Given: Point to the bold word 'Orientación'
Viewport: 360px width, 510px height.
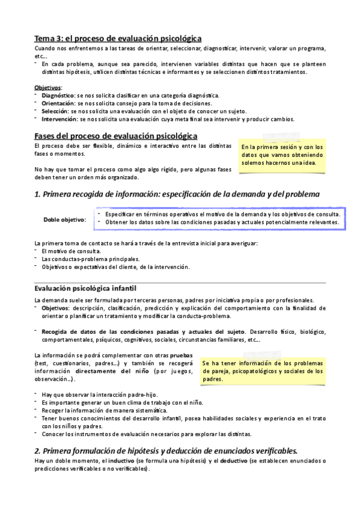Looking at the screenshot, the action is point(58,103).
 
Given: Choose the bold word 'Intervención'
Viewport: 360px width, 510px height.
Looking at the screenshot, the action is point(58,119).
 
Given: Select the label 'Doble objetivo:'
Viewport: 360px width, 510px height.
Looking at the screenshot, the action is point(64,220).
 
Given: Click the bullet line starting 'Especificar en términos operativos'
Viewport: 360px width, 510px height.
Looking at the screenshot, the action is point(222,214).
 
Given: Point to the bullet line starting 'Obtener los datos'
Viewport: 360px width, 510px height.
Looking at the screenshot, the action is point(222,223).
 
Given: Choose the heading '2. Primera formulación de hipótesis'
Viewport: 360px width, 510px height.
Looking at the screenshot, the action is point(166,451).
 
